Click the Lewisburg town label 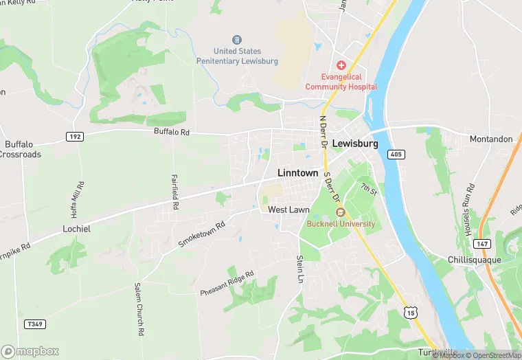point(355,144)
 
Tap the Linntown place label point(297,173)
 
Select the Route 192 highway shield point(75,137)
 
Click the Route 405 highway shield point(395,153)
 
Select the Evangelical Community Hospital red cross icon point(341,64)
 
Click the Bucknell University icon point(340,212)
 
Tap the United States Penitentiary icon point(237,40)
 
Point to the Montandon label point(491,139)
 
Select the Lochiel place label point(76,228)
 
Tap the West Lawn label point(288,210)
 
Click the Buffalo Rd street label point(171,131)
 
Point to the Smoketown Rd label point(201,235)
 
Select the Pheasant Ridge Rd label point(227,283)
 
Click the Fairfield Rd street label point(176,192)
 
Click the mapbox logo point(30,351)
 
